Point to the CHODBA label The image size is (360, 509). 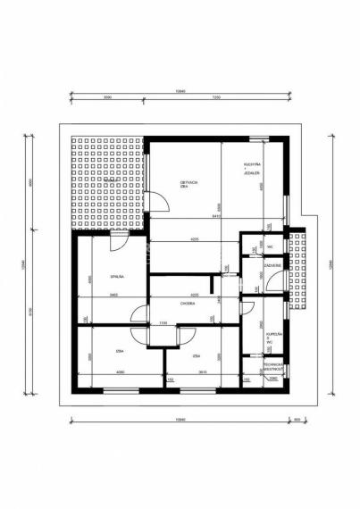[187, 304]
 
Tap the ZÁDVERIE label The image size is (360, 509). [272, 264]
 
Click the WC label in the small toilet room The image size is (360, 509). [269, 246]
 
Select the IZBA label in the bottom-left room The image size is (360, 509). [118, 352]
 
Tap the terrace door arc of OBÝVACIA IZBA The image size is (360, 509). [159, 204]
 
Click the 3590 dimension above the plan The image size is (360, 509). [107, 97]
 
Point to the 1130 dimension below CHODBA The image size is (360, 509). [163, 322]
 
